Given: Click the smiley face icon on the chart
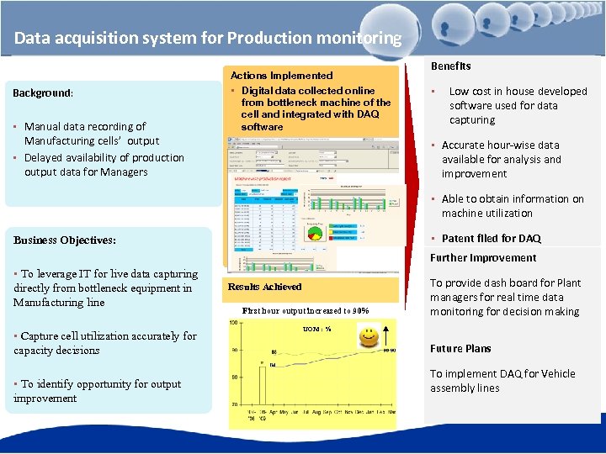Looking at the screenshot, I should coord(368,338).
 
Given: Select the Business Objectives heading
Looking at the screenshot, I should coord(65,240).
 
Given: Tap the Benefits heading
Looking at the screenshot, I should coord(451,66).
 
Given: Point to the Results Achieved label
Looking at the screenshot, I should coord(264,287).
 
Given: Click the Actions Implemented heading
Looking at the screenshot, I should coord(281,75).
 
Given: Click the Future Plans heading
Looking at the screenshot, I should coord(460,348).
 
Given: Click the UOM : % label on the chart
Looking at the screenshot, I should coord(316,329).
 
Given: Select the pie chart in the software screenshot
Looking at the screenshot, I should coord(314,233).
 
